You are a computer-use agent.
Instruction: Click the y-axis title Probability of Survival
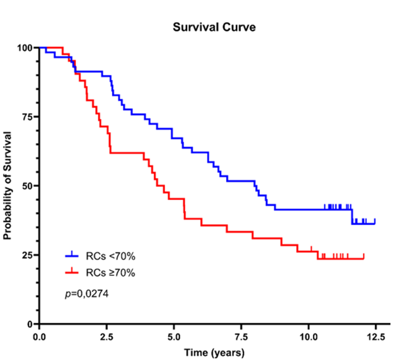coord(8,186)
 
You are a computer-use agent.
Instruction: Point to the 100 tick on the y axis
coord(25,47)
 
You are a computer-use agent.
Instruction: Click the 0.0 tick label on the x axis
coord(40,337)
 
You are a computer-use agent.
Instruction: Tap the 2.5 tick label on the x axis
coord(106,337)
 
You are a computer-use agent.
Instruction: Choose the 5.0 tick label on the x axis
coord(174,337)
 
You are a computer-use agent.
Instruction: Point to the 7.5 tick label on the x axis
coord(240,337)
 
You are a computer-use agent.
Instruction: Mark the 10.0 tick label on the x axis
coord(308,337)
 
